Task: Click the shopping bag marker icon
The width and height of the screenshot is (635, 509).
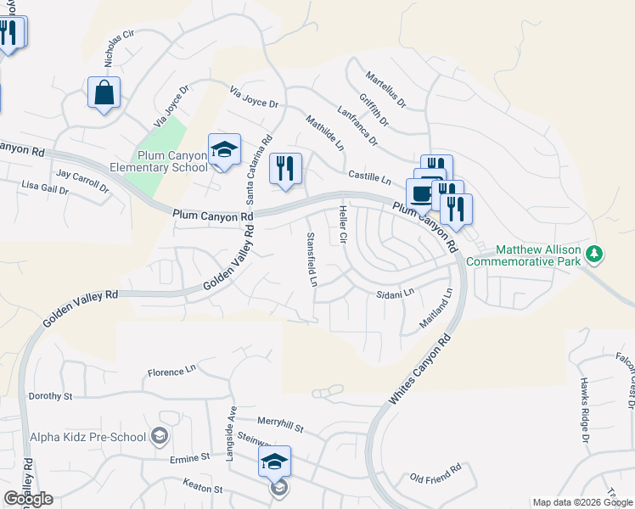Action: pyautogui.click(x=104, y=93)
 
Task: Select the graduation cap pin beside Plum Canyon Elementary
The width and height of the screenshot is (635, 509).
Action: pyautogui.click(x=224, y=150)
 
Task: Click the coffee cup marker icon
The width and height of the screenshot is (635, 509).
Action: pyautogui.click(x=420, y=193)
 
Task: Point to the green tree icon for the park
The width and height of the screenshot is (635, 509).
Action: pyautogui.click(x=595, y=253)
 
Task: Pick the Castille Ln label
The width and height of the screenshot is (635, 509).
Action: pyautogui.click(x=369, y=179)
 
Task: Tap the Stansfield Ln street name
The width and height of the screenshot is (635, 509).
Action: pyautogui.click(x=312, y=259)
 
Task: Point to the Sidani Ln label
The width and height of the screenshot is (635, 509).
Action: pyautogui.click(x=394, y=294)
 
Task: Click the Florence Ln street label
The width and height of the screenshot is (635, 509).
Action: pyautogui.click(x=171, y=372)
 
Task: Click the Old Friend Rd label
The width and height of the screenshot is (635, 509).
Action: pyautogui.click(x=435, y=468)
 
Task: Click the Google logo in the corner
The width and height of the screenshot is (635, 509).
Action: pyautogui.click(x=28, y=498)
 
